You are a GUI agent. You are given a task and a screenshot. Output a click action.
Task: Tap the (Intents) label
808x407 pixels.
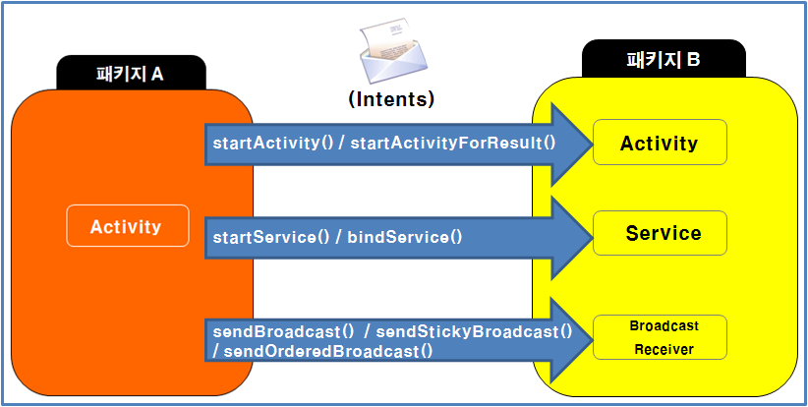(x=391, y=98)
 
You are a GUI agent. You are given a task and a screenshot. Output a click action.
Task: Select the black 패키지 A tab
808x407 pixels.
(x=131, y=73)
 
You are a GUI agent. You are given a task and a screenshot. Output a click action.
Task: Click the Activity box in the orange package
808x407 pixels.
(x=126, y=226)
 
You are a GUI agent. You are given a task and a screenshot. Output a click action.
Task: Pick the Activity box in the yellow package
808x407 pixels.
(x=660, y=144)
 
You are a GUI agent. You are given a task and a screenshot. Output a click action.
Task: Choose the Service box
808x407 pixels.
(x=663, y=233)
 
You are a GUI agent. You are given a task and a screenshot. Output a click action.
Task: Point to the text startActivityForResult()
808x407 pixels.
(x=453, y=144)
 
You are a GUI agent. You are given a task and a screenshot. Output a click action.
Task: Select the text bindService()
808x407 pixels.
(x=404, y=237)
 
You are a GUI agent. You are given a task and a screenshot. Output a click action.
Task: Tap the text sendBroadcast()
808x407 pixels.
(x=284, y=331)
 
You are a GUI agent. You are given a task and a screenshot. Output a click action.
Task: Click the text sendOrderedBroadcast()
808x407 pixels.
(x=323, y=349)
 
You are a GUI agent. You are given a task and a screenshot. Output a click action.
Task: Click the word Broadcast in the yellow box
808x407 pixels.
(x=664, y=325)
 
